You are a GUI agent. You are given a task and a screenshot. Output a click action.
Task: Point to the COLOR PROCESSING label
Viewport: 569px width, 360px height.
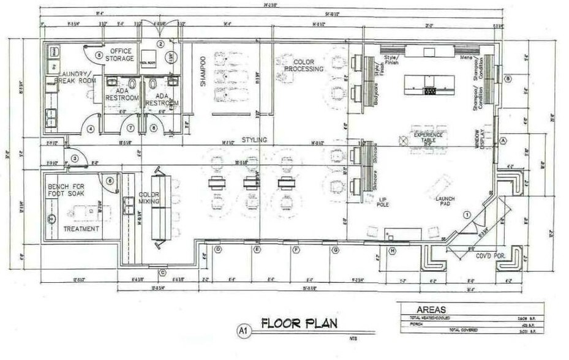click(307, 66)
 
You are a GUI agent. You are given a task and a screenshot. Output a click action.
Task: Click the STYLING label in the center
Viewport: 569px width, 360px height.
click(254, 140)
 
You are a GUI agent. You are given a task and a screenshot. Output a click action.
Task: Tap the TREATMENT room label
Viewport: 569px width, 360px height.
click(81, 229)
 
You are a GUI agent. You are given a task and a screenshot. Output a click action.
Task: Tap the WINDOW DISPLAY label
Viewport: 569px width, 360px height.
click(480, 141)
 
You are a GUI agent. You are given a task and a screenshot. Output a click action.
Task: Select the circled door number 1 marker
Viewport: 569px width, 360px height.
click(466, 214)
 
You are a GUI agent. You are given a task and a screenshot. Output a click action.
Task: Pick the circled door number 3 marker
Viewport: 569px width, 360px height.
click(75, 159)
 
